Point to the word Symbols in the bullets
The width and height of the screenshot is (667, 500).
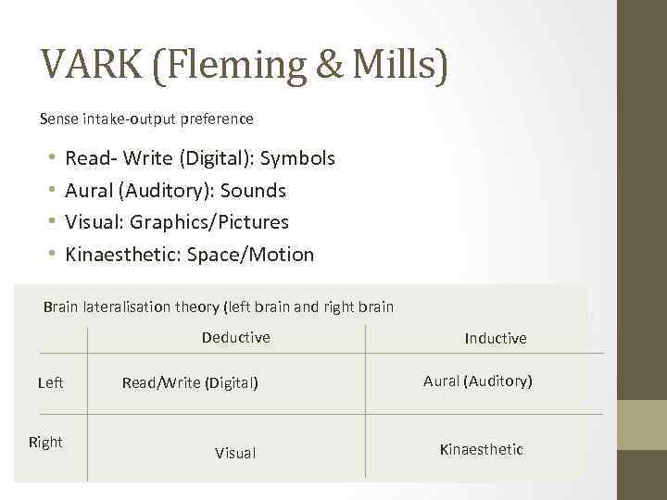(297, 158)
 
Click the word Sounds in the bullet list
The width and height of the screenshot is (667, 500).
(253, 191)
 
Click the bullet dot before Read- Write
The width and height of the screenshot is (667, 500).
(52, 158)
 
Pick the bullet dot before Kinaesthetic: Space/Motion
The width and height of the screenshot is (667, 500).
(52, 254)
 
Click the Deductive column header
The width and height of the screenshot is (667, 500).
(236, 337)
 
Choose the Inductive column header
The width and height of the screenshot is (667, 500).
(496, 339)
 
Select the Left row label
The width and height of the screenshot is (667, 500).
(51, 381)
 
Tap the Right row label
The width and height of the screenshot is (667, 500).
(46, 442)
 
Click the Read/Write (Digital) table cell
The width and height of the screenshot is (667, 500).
(190, 381)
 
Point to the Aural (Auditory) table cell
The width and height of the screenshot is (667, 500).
(478, 381)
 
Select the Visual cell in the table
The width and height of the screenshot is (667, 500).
(235, 453)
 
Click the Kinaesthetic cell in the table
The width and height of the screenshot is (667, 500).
(482, 449)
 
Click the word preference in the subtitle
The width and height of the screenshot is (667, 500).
(220, 119)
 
